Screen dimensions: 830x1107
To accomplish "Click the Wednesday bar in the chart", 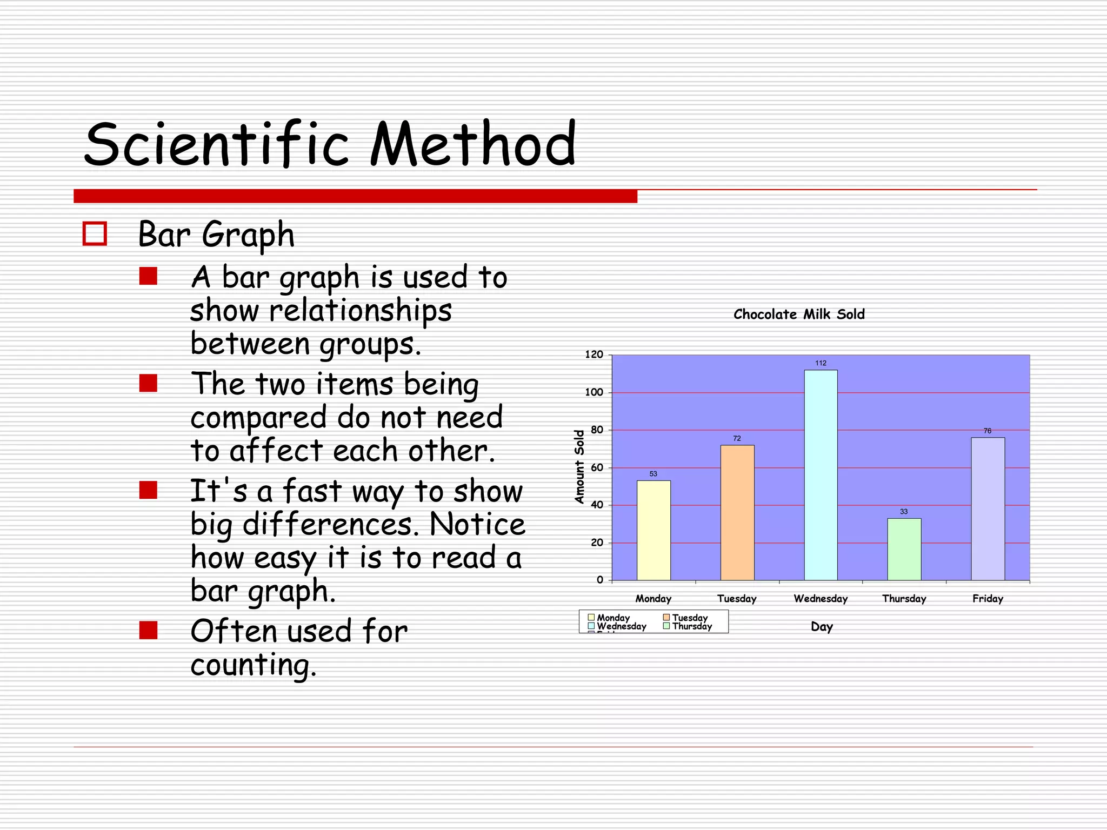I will [x=821, y=476].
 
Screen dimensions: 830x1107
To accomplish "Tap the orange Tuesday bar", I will [x=737, y=513].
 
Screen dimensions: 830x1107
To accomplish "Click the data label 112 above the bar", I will [x=821, y=363].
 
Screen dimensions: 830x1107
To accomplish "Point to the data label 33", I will [x=904, y=512].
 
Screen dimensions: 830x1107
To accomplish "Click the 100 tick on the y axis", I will [x=594, y=393].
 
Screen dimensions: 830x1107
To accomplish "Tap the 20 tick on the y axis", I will [x=597, y=543].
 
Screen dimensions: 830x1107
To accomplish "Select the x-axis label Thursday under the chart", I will [x=904, y=599].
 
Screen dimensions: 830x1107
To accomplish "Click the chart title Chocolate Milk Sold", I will [x=799, y=314].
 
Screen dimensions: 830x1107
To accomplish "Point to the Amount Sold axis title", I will [x=579, y=467].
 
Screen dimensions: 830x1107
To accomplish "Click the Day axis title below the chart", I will [x=822, y=627].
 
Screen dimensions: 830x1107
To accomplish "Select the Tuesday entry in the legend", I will [x=689, y=618].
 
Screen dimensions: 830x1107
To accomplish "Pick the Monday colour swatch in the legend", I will [x=591, y=618].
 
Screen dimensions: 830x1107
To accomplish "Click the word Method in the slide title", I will [x=473, y=145].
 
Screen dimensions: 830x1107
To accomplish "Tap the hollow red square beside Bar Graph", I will [x=95, y=234].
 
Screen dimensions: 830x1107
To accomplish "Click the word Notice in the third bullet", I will [x=477, y=525].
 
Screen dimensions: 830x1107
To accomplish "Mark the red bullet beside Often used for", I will [x=148, y=630].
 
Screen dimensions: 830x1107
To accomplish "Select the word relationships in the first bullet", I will [x=361, y=312].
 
